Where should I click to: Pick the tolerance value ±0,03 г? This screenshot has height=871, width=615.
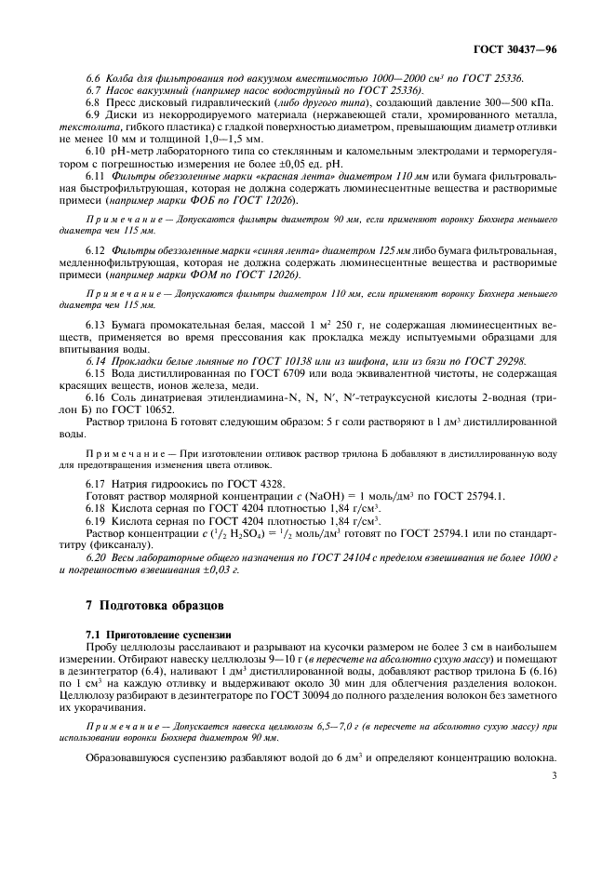[208, 569]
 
